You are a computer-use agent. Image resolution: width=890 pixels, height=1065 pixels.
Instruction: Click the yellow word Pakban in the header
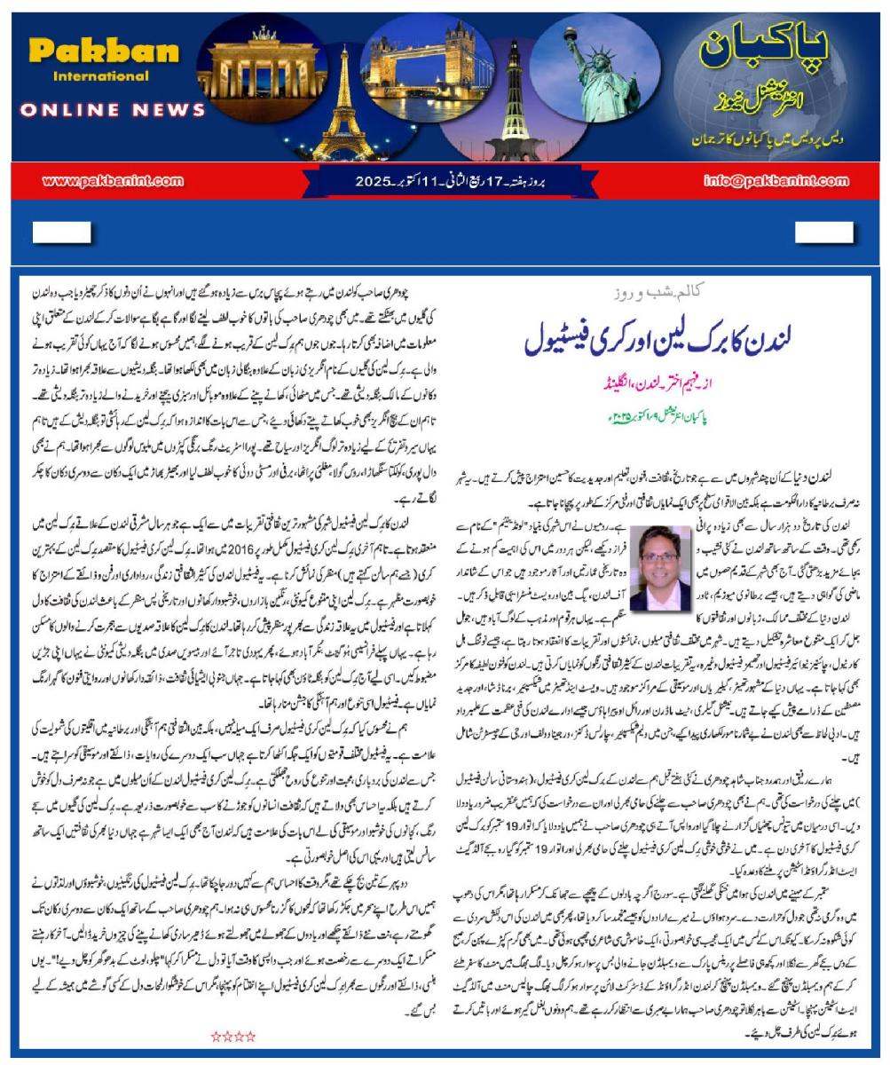104,51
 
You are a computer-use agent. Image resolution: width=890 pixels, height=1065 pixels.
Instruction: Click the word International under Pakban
100,76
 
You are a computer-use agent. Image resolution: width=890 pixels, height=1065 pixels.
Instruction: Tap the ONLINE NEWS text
113,110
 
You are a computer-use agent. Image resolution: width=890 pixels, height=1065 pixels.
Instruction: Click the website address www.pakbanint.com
113,181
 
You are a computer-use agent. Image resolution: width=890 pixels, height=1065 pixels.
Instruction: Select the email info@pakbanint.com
776,181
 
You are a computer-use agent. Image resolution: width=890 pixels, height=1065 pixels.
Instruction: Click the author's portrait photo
660,568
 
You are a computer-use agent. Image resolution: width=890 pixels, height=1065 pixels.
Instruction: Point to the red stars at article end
233,1036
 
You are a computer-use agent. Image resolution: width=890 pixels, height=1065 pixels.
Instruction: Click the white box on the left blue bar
61,233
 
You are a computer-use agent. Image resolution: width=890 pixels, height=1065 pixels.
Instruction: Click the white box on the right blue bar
823,233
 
